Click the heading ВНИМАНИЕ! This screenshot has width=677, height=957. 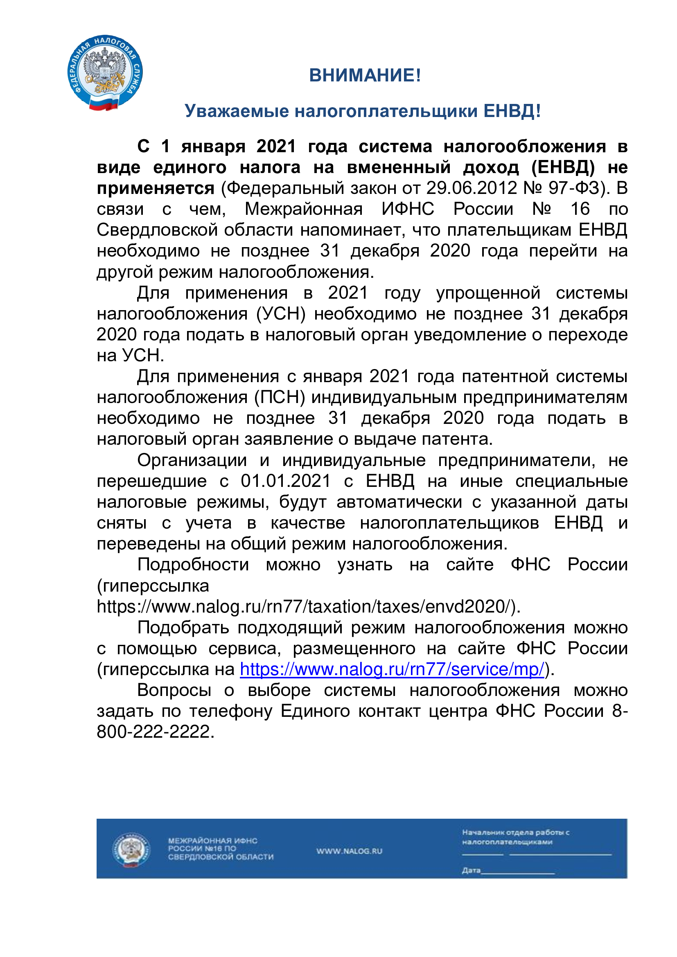pyautogui.click(x=365, y=75)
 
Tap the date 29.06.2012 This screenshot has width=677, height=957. pyautogui.click(x=471, y=188)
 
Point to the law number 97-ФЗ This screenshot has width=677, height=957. pyautogui.click(x=574, y=188)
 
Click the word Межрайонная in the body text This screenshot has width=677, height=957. pyautogui.click(x=303, y=209)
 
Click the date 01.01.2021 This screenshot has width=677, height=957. pyautogui.click(x=286, y=481)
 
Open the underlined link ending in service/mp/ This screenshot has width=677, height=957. pyautogui.click(x=392, y=669)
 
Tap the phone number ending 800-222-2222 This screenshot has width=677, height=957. pyautogui.click(x=155, y=732)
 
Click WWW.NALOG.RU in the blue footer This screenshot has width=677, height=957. pyautogui.click(x=349, y=851)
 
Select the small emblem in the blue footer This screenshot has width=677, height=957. pyautogui.click(x=131, y=850)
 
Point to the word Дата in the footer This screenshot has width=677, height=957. pyautogui.click(x=471, y=870)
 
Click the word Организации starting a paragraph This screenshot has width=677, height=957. pyautogui.click(x=192, y=460)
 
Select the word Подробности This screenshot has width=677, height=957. pyautogui.click(x=193, y=565)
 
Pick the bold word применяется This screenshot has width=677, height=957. pyautogui.click(x=156, y=188)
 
